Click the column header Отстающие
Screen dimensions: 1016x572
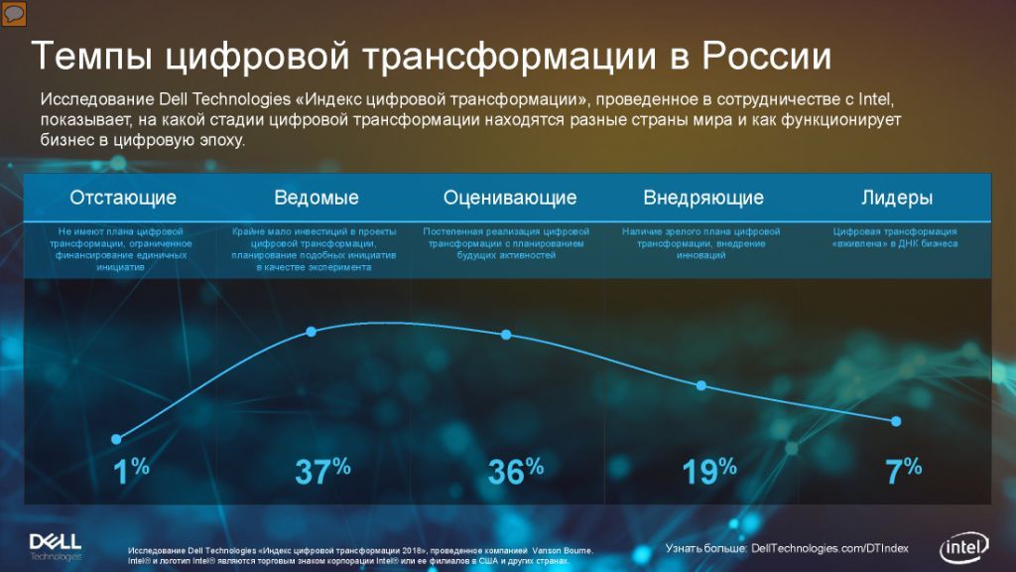click(123, 198)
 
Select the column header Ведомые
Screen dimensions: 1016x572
click(317, 198)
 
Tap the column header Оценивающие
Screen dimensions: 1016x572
click(510, 198)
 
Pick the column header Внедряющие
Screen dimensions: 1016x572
click(703, 198)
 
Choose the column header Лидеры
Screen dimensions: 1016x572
click(897, 198)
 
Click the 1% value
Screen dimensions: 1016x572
click(131, 472)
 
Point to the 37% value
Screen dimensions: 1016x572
click(322, 472)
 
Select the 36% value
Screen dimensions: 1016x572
click(516, 472)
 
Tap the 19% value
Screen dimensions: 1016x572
click(709, 472)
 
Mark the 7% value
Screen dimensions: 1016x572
click(903, 472)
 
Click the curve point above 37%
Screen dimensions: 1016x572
click(311, 332)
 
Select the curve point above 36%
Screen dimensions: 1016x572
click(506, 335)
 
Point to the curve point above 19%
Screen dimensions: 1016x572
click(701, 385)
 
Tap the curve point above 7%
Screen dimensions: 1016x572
click(896, 421)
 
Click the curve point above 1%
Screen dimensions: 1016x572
click(116, 439)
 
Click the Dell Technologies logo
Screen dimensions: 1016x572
click(56, 547)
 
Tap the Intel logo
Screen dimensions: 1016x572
click(964, 547)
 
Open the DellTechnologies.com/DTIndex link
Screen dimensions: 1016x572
click(829, 548)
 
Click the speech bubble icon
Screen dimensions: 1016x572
click(14, 14)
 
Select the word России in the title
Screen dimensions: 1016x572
click(767, 56)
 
